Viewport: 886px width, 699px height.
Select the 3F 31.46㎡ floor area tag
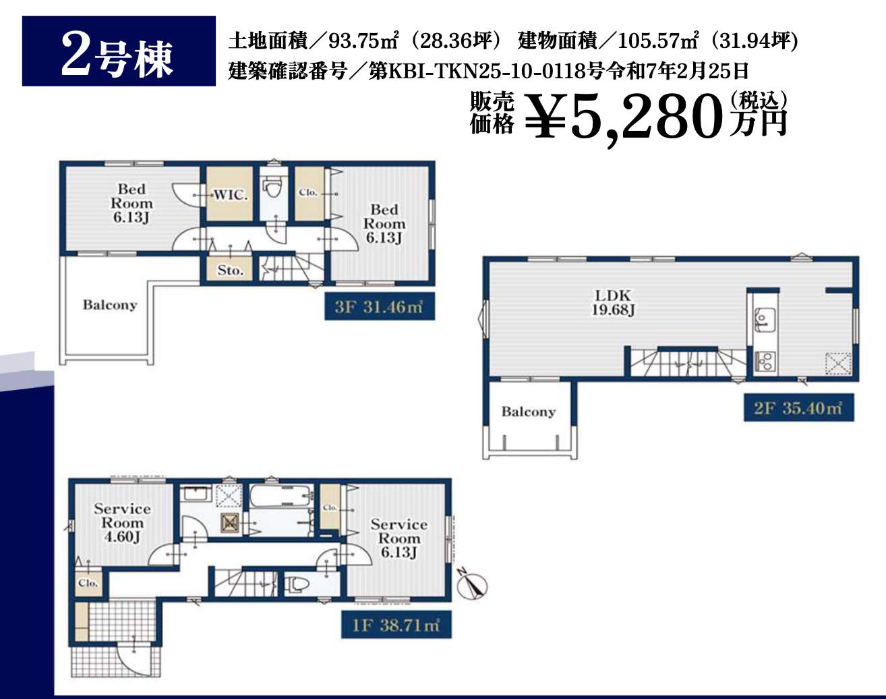coord(379,306)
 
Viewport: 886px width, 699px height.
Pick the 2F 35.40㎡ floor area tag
coord(798,408)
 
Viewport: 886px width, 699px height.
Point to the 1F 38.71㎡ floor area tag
coord(396,625)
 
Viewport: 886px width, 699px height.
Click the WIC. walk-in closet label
coord(230,194)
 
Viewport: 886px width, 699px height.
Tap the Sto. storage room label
coord(230,271)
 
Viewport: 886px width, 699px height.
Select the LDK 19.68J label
coord(613,302)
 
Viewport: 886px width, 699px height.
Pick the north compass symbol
coord(473,586)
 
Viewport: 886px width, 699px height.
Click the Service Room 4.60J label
coord(122,523)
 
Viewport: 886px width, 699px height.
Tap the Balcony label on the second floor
coord(528,412)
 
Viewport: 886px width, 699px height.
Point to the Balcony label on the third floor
coord(109,304)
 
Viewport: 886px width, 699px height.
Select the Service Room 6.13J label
coord(399,538)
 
